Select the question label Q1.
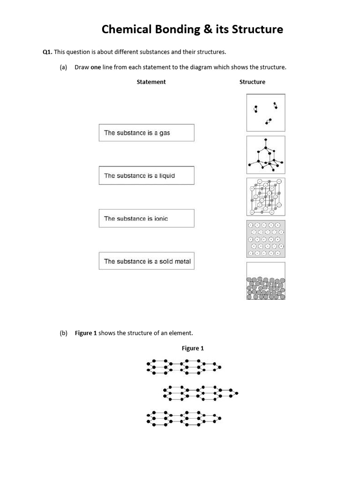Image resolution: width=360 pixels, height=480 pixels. click(47, 52)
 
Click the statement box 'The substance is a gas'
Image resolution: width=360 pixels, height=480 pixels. click(146, 133)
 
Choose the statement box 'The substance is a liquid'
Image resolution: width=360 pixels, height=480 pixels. click(146, 176)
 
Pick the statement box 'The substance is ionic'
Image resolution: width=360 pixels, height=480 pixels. click(146, 218)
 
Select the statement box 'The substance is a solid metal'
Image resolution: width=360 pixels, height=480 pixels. click(146, 261)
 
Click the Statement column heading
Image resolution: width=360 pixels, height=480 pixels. click(151, 82)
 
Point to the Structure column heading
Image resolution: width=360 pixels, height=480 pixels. click(252, 82)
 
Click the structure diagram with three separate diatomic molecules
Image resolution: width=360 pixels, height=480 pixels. click(266, 112)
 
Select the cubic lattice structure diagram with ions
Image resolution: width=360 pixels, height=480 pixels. click(266, 197)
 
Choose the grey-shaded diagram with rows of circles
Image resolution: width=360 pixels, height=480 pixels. click(266, 239)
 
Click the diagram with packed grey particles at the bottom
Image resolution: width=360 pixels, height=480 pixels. click(266, 281)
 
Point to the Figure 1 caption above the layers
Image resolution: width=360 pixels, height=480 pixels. click(193, 348)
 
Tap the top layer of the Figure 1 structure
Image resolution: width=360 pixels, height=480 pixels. click(184, 366)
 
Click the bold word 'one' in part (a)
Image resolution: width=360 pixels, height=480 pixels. click(96, 67)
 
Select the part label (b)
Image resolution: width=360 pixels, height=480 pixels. click(64, 333)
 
